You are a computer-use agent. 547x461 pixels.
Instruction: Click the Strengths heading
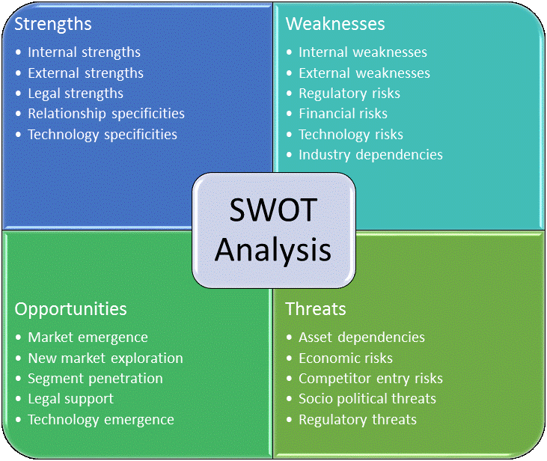[x=53, y=24]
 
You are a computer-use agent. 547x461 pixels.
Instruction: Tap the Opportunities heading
[x=71, y=309]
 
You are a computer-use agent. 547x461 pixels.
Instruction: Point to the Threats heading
[x=316, y=309]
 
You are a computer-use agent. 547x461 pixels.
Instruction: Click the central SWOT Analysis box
[x=273, y=230]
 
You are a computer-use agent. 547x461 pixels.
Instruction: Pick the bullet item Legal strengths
[x=76, y=94]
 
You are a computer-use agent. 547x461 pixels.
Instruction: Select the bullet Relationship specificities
[x=106, y=114]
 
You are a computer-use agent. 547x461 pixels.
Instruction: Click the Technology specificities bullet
[x=103, y=135]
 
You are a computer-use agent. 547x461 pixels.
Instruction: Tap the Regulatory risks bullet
[x=349, y=94]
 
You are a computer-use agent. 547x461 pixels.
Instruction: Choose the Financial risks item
[x=343, y=114]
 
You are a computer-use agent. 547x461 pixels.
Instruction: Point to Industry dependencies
[x=370, y=155]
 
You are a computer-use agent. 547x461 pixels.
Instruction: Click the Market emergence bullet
[x=88, y=338]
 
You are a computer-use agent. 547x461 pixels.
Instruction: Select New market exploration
[x=106, y=358]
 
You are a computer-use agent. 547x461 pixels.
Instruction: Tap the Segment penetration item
[x=95, y=379]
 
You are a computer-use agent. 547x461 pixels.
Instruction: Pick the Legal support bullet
[x=71, y=399]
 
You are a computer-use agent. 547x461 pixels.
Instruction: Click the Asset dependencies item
[x=361, y=338]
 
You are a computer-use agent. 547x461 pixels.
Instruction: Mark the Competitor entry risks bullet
[x=370, y=379]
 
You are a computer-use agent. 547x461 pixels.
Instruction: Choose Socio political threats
[x=367, y=399]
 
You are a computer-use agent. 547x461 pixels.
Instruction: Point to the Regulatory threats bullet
[x=358, y=420]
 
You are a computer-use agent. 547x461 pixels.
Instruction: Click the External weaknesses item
[x=364, y=73]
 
